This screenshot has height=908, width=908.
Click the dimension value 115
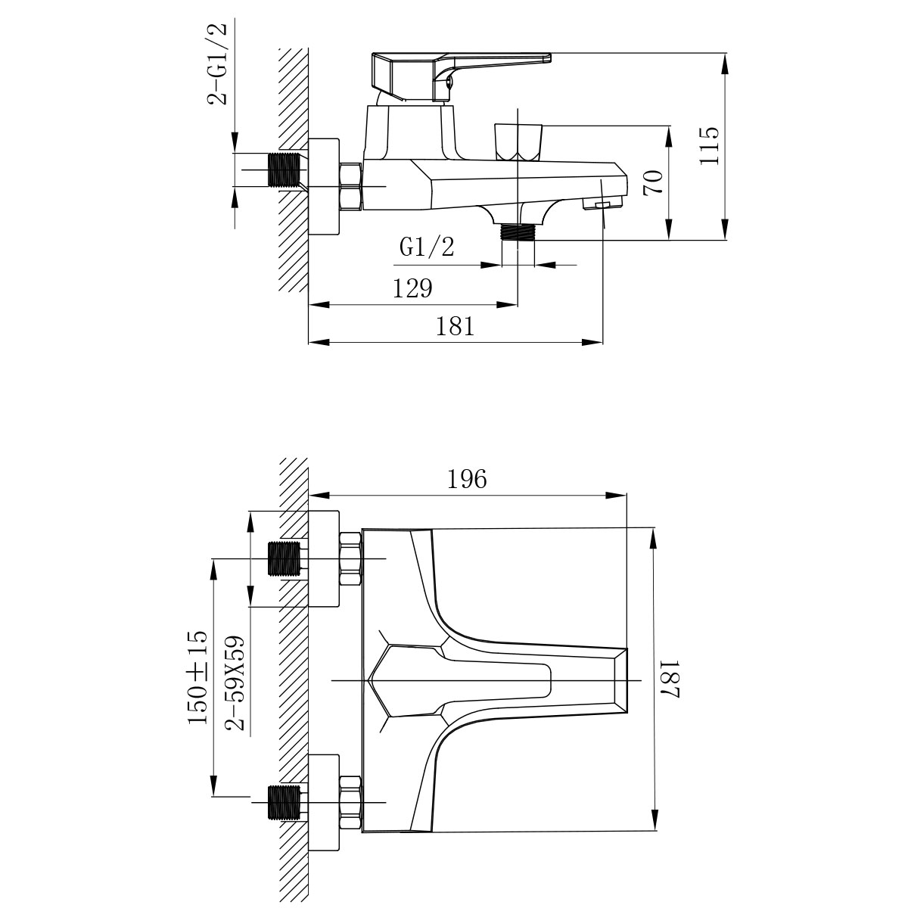click(x=709, y=146)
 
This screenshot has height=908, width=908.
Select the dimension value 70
click(x=654, y=183)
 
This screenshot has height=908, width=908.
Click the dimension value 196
click(x=467, y=479)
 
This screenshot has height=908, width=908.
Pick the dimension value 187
click(x=672, y=678)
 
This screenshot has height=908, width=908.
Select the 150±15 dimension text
click(x=197, y=677)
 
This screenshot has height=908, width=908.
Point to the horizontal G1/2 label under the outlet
click(x=427, y=247)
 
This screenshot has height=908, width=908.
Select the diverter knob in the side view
click(x=518, y=141)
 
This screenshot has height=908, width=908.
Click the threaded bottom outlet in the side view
click(x=518, y=232)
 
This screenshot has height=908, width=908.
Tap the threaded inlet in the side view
click(x=285, y=170)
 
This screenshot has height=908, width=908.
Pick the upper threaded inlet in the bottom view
click(x=285, y=560)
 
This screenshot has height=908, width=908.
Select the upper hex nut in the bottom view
click(x=350, y=559)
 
